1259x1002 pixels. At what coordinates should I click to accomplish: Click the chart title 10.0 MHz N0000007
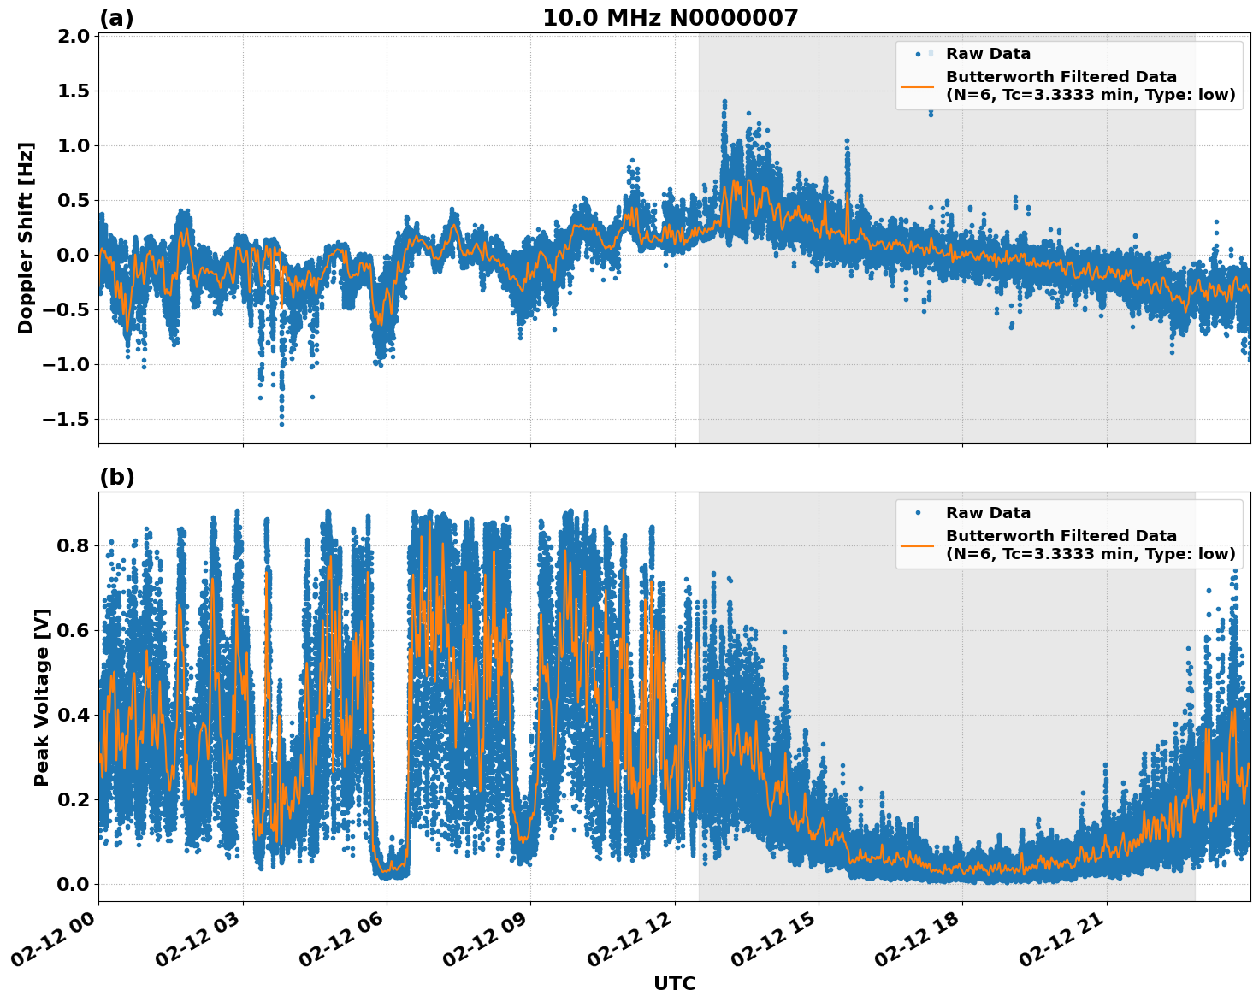[670, 18]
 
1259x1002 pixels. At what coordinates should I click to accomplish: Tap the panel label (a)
[116, 18]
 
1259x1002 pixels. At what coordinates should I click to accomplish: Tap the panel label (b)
[116, 477]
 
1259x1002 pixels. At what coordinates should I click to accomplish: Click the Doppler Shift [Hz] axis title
[26, 238]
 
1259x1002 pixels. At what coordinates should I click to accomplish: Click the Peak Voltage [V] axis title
[42, 697]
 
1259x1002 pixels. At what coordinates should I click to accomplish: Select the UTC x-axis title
[674, 983]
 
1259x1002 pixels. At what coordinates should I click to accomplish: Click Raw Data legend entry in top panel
[988, 54]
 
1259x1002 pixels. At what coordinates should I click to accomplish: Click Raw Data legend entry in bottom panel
[988, 513]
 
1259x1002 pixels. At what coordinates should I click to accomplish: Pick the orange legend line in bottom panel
[917, 545]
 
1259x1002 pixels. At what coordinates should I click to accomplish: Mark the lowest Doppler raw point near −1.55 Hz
[281, 424]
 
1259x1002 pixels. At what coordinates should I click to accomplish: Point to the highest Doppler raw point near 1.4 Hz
[724, 101]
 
